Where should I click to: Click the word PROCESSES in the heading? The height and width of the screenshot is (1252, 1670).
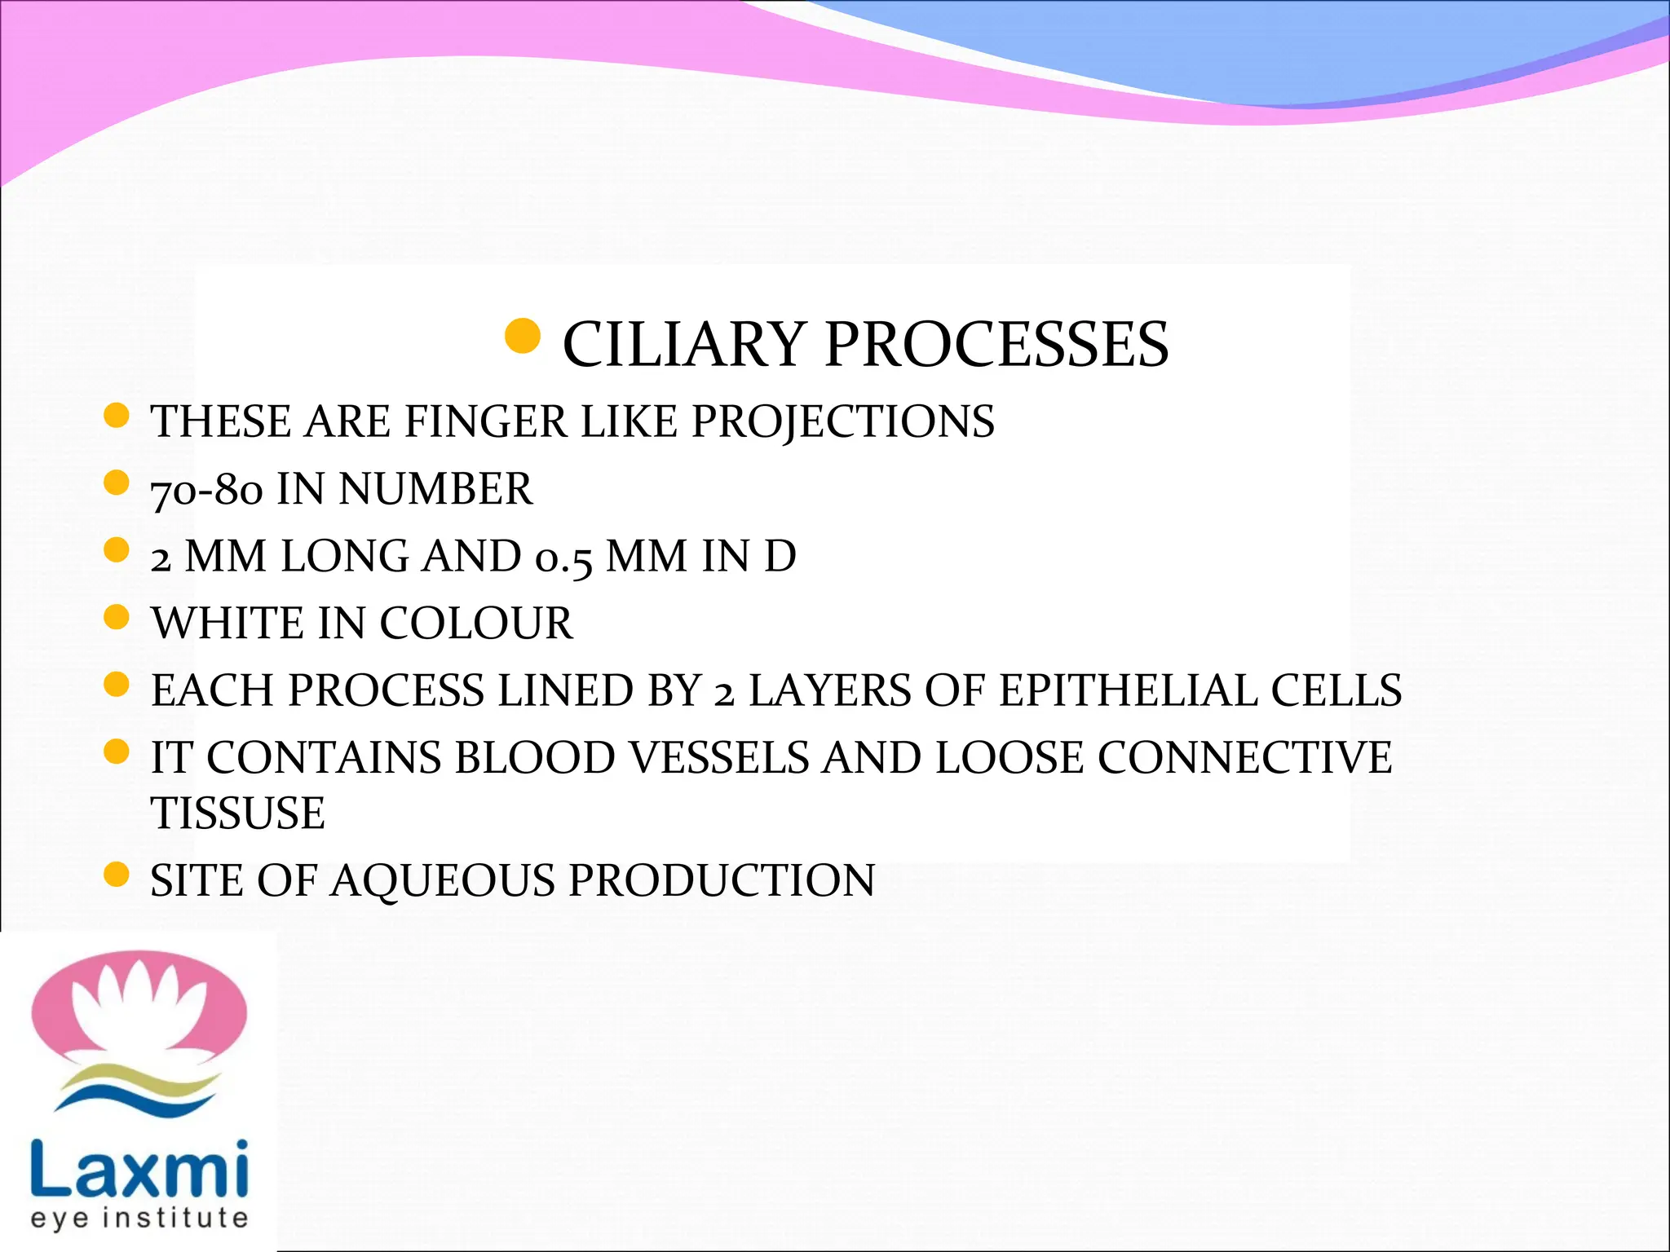(996, 345)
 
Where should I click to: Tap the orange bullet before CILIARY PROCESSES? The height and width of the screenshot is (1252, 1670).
(523, 337)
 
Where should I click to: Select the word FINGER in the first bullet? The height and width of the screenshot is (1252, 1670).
(486, 422)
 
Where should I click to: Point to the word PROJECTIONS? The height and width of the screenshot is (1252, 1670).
(842, 422)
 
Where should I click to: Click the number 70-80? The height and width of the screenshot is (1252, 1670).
(207, 490)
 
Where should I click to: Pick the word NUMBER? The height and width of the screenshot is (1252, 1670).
(435, 490)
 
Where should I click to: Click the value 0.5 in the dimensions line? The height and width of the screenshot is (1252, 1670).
(563, 558)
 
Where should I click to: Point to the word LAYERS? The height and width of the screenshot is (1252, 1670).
(829, 691)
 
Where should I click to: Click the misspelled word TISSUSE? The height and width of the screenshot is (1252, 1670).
(237, 813)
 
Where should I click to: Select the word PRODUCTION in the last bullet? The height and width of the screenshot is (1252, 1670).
(722, 881)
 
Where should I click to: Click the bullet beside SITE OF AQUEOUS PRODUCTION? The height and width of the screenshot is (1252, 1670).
(117, 875)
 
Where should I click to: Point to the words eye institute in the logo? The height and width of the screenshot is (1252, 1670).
(139, 1219)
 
